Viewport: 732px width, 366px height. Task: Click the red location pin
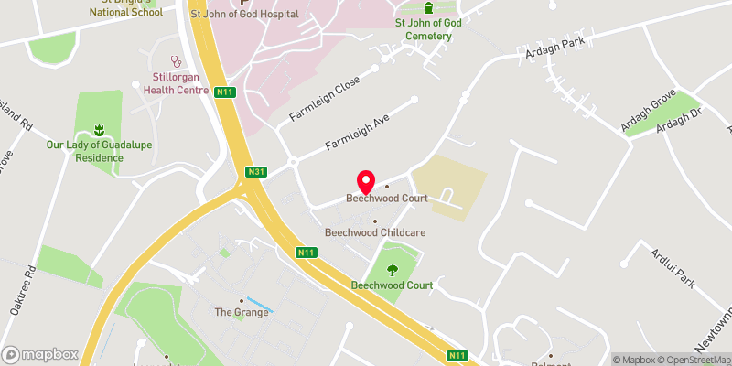(366, 180)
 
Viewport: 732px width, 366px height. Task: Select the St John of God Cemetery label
(424, 28)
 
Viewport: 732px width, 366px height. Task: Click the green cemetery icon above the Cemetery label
(427, 7)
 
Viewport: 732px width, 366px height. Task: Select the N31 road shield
(256, 170)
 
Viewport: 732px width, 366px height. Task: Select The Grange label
(242, 312)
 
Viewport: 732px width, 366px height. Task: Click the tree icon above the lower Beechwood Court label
(393, 269)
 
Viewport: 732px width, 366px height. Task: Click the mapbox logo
(40, 354)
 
